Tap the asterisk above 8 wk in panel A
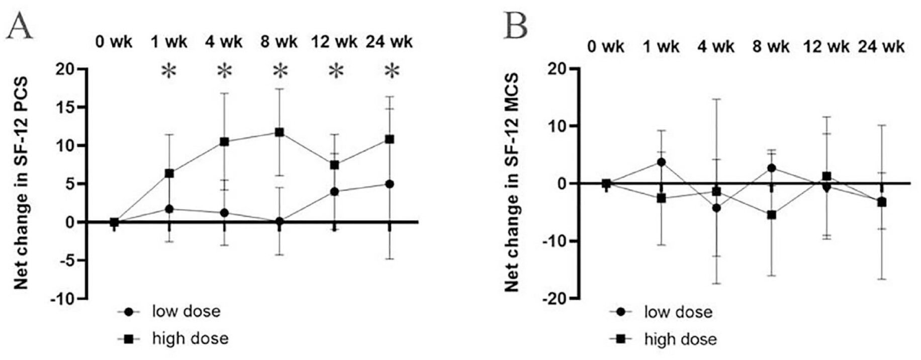[280, 71]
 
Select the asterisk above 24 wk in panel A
[391, 71]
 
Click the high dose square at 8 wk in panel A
[279, 133]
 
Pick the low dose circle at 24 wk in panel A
[390, 184]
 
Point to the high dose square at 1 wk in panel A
[169, 173]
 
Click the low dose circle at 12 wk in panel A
[334, 192]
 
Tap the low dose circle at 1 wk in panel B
[661, 162]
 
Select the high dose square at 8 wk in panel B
[772, 215]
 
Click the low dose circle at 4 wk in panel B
[716, 208]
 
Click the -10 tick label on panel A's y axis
[61, 299]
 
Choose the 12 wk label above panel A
[334, 42]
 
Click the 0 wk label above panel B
[605, 47]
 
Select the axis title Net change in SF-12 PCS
[21, 183]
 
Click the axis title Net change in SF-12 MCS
[511, 183]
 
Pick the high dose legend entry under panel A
[190, 339]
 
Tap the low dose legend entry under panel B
[678, 312]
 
